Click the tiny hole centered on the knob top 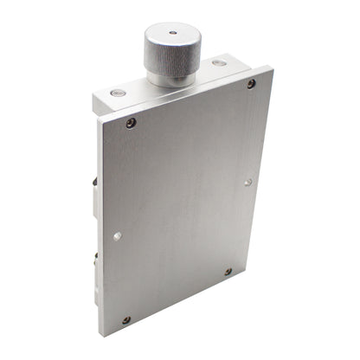[x=172, y=33]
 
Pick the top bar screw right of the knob [x=220, y=62]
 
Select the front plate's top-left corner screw [x=131, y=123]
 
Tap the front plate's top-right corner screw [x=251, y=84]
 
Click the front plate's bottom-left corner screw [x=126, y=319]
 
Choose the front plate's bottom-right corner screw [x=228, y=272]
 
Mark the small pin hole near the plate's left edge [x=118, y=235]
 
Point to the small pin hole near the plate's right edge [x=247, y=182]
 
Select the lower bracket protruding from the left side [x=95, y=260]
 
